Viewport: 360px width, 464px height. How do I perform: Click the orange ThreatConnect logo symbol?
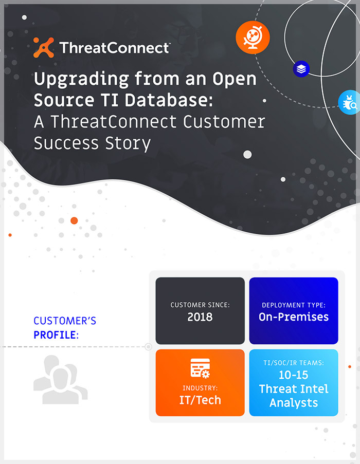(44, 47)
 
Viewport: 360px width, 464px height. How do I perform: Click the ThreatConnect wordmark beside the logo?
(115, 48)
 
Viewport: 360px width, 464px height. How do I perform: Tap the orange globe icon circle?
(253, 38)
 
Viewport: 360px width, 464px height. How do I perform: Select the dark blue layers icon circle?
(301, 69)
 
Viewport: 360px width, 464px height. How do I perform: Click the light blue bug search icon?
(349, 102)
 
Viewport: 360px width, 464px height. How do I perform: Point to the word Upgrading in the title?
(81, 80)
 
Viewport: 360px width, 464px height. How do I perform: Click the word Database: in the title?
(169, 100)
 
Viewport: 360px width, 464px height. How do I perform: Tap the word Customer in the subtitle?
(224, 122)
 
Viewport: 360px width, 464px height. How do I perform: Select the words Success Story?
(93, 144)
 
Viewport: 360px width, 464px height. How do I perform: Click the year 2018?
(200, 317)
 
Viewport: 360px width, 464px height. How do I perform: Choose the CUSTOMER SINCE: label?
(200, 305)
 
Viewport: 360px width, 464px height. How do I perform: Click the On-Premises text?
(294, 317)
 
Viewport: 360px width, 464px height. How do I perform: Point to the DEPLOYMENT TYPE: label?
(294, 305)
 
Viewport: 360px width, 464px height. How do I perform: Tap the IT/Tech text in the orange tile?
(200, 400)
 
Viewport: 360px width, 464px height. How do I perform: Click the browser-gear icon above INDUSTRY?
(200, 368)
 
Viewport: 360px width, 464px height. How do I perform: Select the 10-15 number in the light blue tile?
(294, 375)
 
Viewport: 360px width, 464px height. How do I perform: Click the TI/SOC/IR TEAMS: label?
(294, 363)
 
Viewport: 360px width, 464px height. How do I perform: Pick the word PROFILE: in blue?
(56, 335)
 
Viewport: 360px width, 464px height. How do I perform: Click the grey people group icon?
(60, 380)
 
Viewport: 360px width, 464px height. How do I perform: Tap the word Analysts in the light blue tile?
(294, 403)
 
